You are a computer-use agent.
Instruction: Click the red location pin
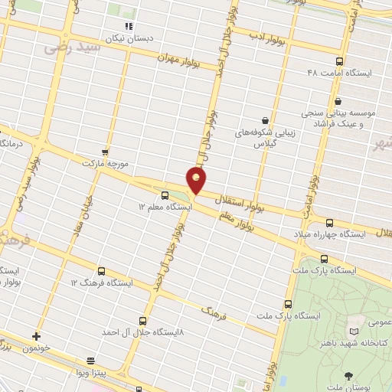(197, 179)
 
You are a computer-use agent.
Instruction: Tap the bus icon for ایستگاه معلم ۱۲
(165, 195)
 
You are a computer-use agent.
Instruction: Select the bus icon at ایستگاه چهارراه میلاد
(329, 222)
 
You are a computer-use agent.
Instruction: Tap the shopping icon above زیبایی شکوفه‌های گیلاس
(265, 120)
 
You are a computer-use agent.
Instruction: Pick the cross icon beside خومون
(35, 336)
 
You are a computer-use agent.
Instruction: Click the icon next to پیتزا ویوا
(91, 360)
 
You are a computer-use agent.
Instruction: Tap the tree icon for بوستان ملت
(348, 375)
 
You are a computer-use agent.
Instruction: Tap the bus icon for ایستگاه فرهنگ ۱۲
(102, 271)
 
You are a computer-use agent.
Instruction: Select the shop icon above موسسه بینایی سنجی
(338, 100)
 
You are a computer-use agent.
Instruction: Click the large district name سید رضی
(73, 47)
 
